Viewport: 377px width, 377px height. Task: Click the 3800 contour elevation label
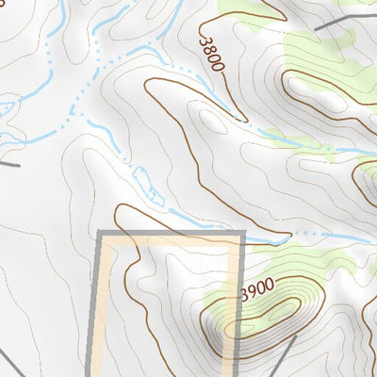pyautogui.click(x=211, y=53)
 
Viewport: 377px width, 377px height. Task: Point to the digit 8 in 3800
pyautogui.click(x=209, y=49)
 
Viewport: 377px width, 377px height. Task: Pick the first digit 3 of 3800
pyautogui.click(x=204, y=39)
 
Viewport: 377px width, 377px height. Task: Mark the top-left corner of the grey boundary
pyautogui.click(x=100, y=232)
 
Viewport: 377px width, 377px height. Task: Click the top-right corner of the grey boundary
pyautogui.click(x=243, y=232)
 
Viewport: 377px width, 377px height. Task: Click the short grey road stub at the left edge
pyautogui.click(x=8, y=163)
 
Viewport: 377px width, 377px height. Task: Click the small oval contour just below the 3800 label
pyautogui.click(x=212, y=122)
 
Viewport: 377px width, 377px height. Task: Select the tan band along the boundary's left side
pyautogui.click(x=109, y=311)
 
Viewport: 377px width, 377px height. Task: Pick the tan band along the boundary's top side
pyautogui.click(x=170, y=241)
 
